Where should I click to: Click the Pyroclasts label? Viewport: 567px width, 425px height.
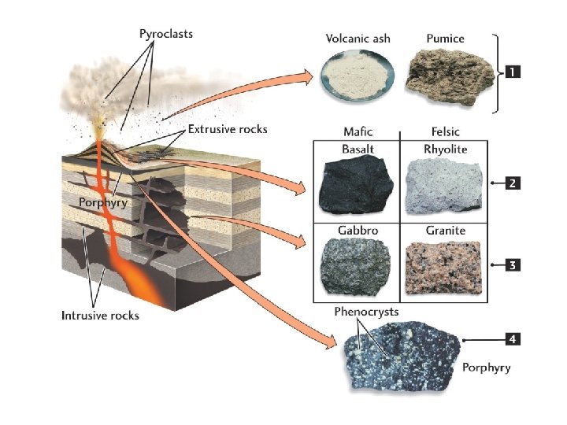click(x=165, y=34)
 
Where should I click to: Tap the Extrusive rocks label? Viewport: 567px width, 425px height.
click(x=228, y=128)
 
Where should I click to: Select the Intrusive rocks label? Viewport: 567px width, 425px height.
click(x=100, y=316)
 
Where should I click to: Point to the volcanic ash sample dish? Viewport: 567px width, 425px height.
click(x=358, y=79)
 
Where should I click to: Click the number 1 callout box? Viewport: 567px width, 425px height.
click(x=512, y=72)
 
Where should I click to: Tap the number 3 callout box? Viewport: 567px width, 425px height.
click(x=512, y=265)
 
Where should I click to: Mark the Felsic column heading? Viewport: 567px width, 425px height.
click(x=445, y=131)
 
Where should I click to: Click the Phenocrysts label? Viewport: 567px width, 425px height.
click(x=366, y=312)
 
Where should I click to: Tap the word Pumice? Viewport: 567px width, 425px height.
click(x=445, y=38)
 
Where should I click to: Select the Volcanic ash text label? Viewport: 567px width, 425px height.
click(x=358, y=38)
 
